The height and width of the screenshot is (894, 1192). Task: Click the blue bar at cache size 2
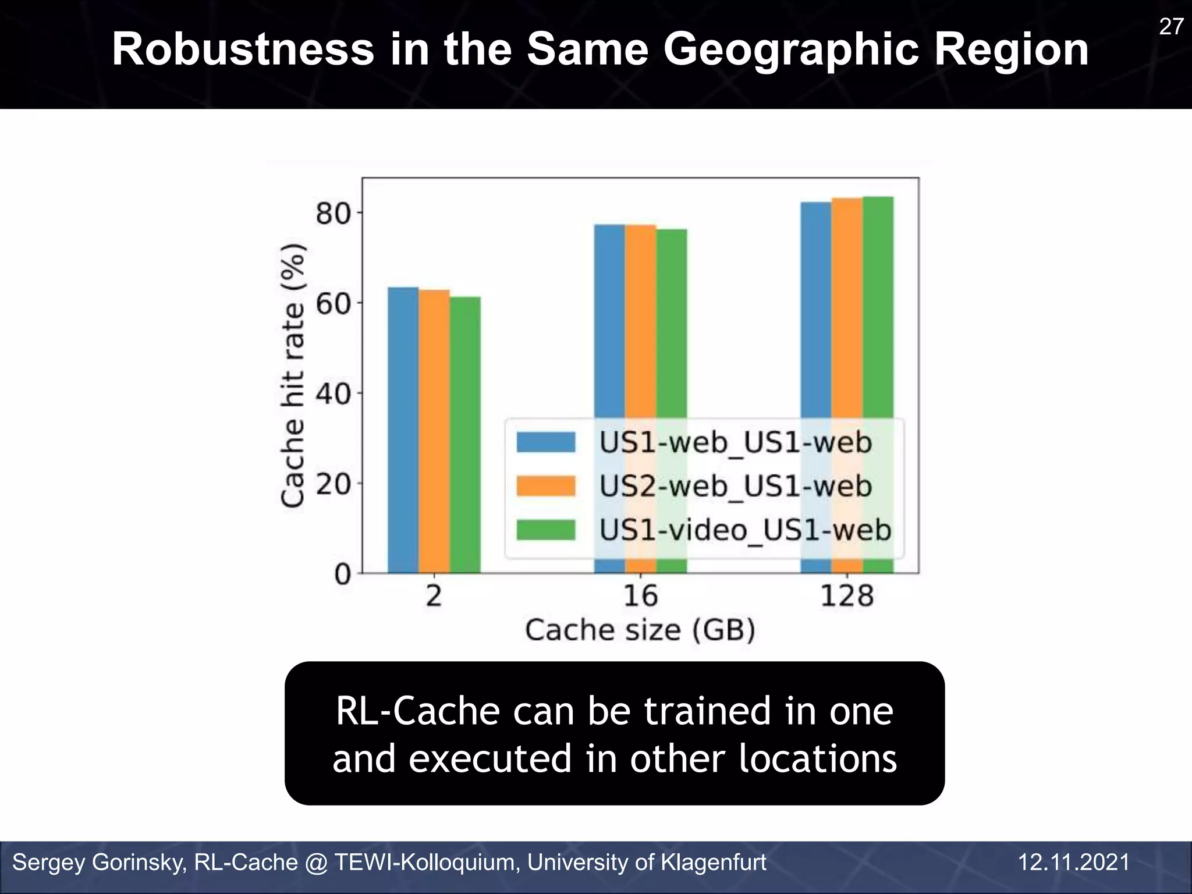tap(403, 431)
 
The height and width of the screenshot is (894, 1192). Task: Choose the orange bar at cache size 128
tap(847, 308)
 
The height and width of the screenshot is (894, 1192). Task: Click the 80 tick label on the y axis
tap(334, 214)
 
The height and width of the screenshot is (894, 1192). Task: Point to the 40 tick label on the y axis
tap(334, 394)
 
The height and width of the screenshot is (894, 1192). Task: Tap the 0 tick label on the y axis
tap(343, 574)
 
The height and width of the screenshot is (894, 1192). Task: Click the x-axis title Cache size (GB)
tap(640, 630)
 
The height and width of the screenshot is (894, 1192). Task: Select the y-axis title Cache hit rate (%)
tap(293, 375)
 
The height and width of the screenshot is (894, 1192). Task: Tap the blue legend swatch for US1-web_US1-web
tap(546, 442)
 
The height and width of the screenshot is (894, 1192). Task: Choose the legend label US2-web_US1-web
tap(736, 486)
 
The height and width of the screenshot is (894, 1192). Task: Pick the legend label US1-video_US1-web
tap(746, 530)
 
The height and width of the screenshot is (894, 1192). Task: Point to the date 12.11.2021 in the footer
tap(1074, 862)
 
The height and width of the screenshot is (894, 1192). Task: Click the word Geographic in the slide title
tap(792, 50)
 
